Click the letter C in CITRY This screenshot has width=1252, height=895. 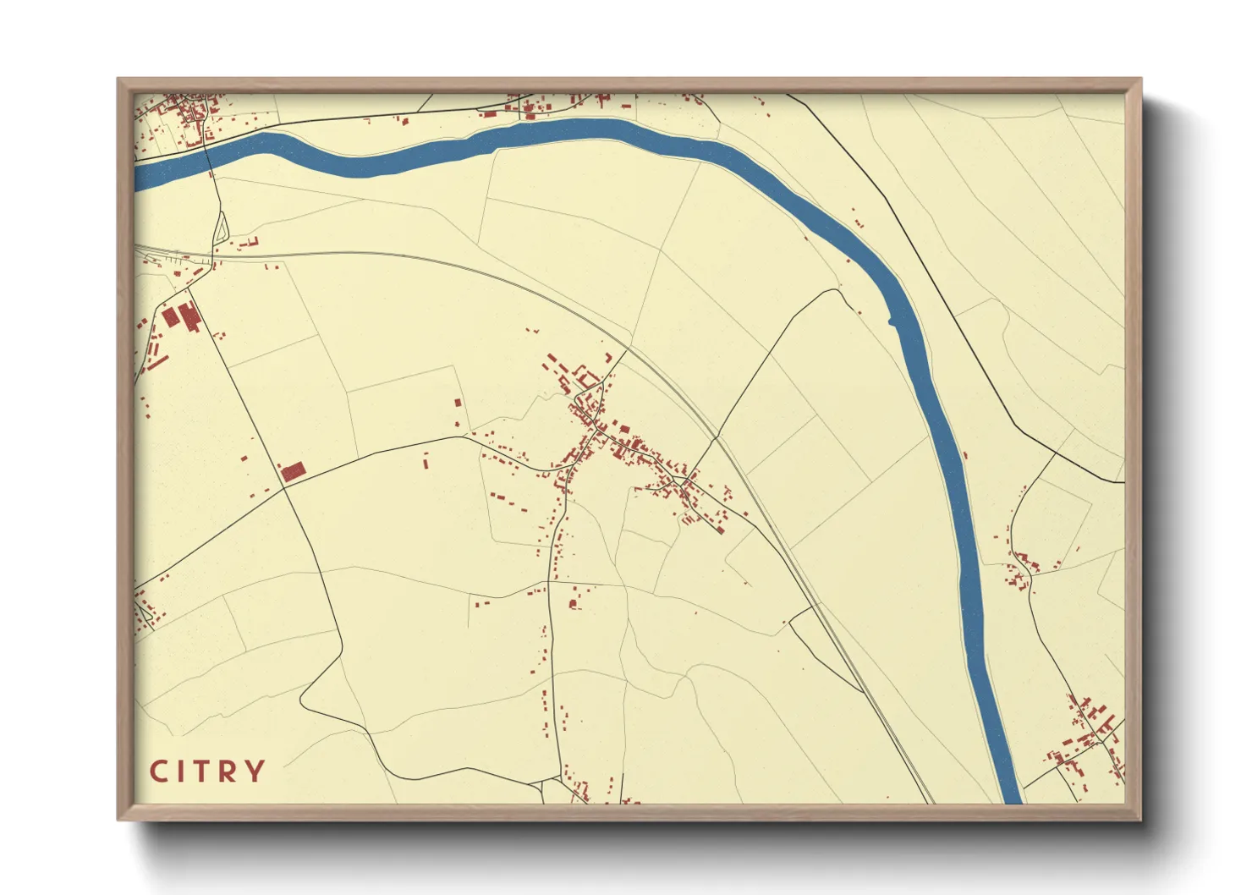pos(158,771)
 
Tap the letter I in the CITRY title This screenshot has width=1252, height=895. pos(181,771)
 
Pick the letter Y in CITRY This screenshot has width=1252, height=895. pos(255,771)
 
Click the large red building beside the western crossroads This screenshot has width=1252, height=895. pos(292,472)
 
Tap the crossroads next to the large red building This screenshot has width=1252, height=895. pos(283,487)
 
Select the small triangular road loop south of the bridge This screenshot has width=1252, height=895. pos(221,228)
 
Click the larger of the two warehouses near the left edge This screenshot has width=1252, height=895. pos(189,316)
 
